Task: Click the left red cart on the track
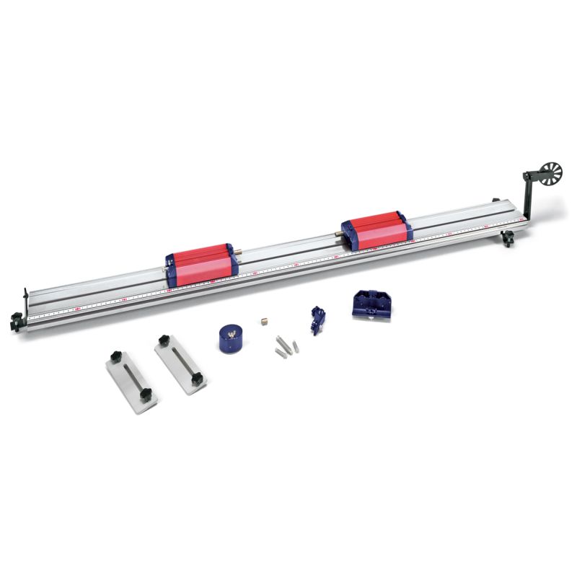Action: [x=200, y=261]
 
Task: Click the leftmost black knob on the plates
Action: [x=115, y=356]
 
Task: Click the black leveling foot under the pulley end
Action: [x=508, y=238]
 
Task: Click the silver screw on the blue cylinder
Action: [x=231, y=333]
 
